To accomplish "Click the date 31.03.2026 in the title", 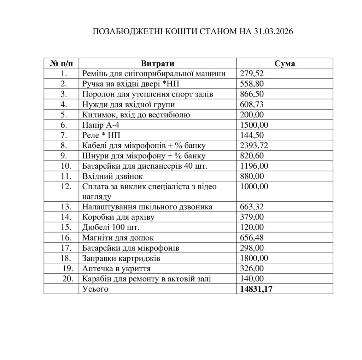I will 274,31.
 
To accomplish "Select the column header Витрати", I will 158,64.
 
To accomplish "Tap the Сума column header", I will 285,64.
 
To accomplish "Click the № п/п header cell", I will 62,64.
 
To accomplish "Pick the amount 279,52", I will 252,74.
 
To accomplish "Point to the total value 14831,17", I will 256,289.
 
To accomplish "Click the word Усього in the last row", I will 94,289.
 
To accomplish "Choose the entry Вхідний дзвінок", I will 112,176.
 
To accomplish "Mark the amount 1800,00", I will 254,259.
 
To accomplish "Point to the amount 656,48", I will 252,238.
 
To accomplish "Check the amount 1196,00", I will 254,166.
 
